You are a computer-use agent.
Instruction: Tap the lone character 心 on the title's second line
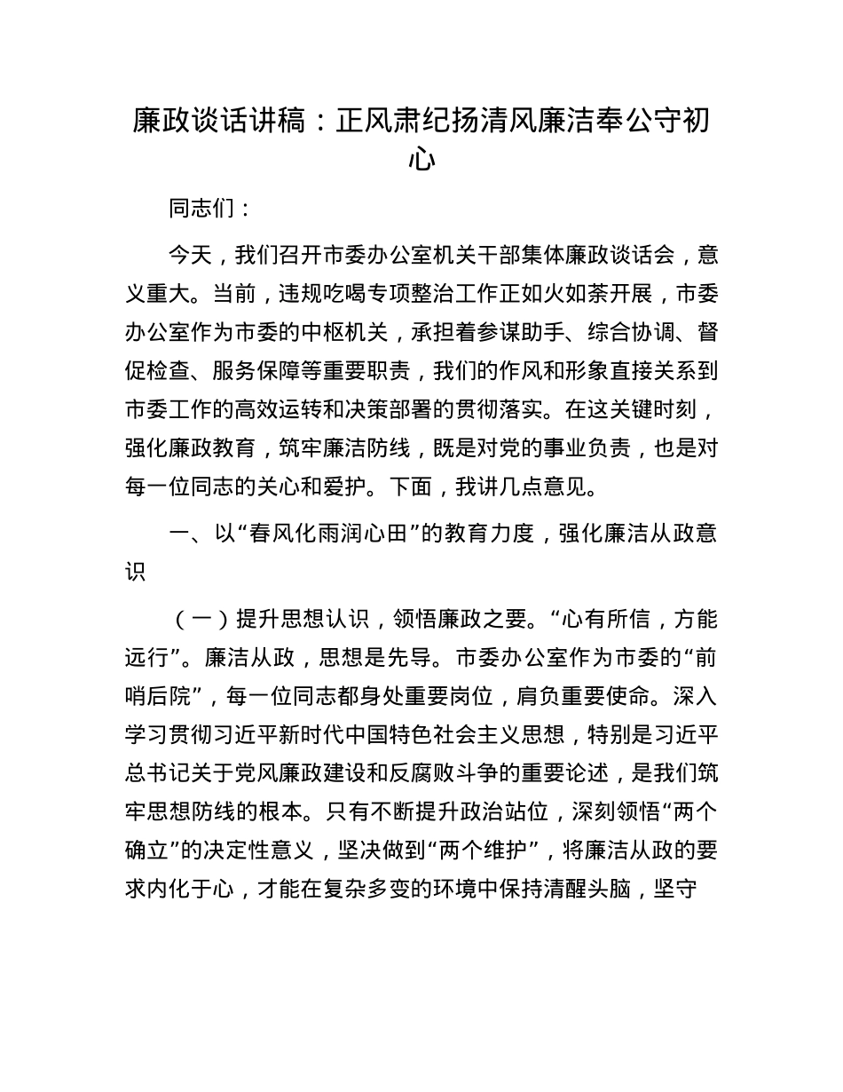pos(421,160)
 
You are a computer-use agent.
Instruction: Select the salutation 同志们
pos(199,210)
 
